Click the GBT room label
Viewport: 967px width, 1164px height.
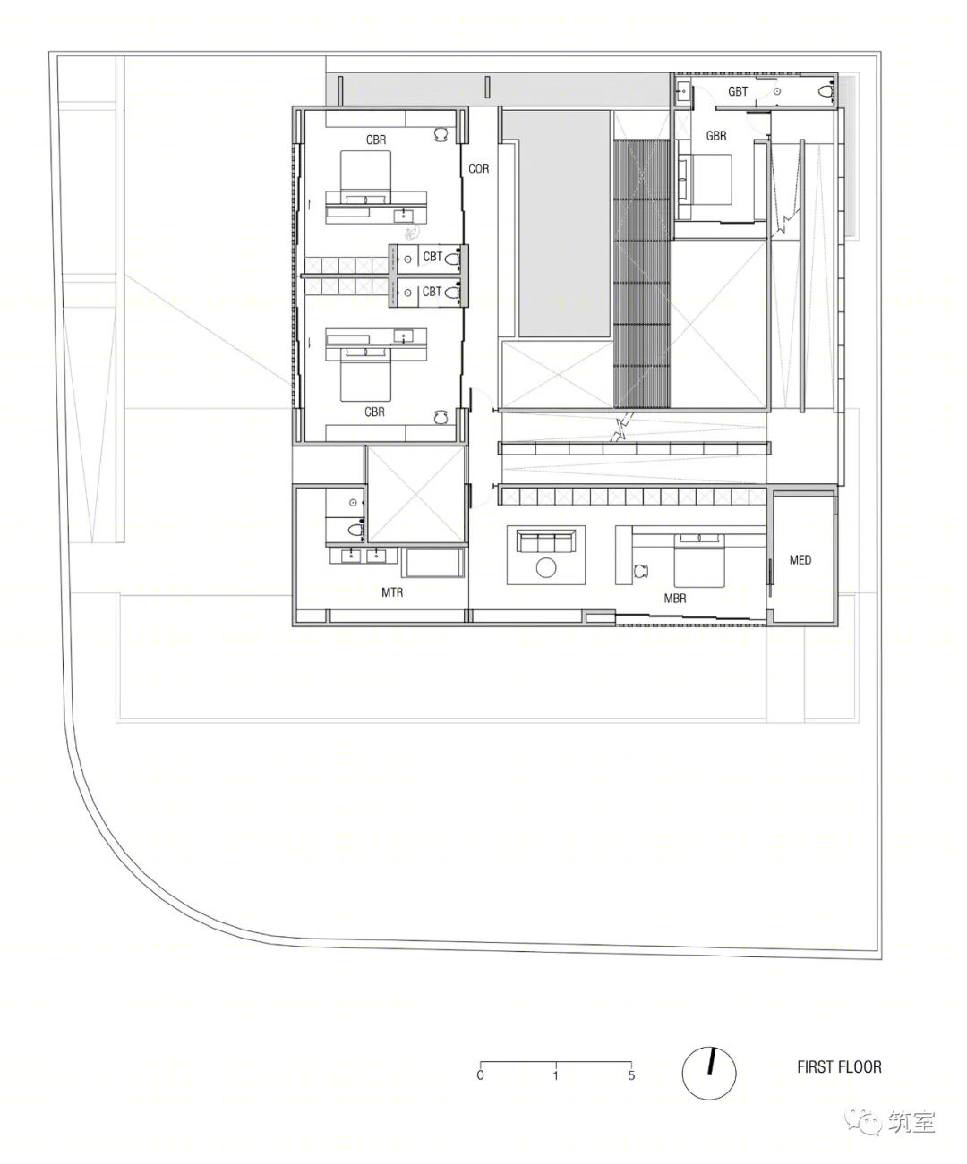point(738,91)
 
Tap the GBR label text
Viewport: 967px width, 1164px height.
point(716,136)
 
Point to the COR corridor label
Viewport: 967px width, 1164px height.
point(478,168)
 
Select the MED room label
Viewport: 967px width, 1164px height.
point(800,559)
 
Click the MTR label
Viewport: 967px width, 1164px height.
point(392,592)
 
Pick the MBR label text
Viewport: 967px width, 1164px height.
point(675,597)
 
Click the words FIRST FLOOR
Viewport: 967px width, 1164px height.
point(839,1066)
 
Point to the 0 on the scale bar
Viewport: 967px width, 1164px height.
point(481,1075)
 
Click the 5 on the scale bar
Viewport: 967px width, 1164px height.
point(631,1075)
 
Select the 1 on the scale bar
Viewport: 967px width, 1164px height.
point(556,1075)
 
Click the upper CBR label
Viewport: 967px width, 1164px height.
point(376,140)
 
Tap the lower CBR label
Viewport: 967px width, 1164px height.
point(374,412)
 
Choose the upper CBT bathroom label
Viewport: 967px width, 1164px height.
point(432,257)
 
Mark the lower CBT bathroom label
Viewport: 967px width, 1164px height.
point(432,292)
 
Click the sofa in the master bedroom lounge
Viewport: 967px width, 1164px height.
point(545,541)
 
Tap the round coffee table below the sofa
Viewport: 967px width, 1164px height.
point(545,567)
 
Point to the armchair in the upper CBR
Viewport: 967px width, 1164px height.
point(441,134)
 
